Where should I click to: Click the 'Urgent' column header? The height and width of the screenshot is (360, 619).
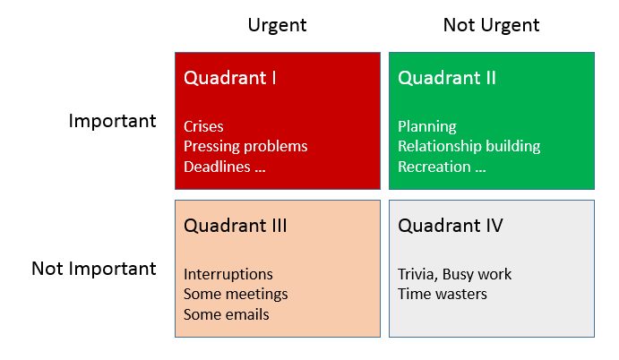tap(277, 25)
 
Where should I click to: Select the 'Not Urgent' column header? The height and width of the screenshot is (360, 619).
tap(491, 25)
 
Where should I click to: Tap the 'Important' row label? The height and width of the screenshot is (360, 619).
tap(112, 121)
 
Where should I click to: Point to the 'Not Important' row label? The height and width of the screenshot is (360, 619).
tap(94, 269)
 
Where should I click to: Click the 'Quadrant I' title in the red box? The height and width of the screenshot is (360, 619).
tap(229, 78)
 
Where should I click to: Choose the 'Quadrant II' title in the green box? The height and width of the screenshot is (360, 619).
tap(446, 78)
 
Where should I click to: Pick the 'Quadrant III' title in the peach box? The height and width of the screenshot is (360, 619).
tap(235, 226)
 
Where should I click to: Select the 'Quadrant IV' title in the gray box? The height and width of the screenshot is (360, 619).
tap(450, 226)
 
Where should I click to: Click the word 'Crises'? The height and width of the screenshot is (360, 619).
tap(203, 126)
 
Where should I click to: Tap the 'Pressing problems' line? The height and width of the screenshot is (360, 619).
tap(245, 146)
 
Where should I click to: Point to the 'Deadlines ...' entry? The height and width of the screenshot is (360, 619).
tap(225, 167)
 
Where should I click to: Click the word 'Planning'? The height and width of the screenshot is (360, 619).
tap(427, 126)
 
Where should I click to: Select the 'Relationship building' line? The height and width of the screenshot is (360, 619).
tap(469, 146)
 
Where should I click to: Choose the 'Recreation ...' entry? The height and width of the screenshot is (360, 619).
tap(442, 167)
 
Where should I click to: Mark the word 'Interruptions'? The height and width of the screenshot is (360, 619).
tap(228, 274)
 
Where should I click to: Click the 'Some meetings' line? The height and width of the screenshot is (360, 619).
tap(236, 294)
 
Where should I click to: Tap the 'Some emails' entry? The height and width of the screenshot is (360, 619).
tap(226, 314)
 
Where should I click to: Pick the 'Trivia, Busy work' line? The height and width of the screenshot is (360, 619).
tap(455, 274)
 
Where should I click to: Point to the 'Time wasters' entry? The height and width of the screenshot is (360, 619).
tap(443, 294)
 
